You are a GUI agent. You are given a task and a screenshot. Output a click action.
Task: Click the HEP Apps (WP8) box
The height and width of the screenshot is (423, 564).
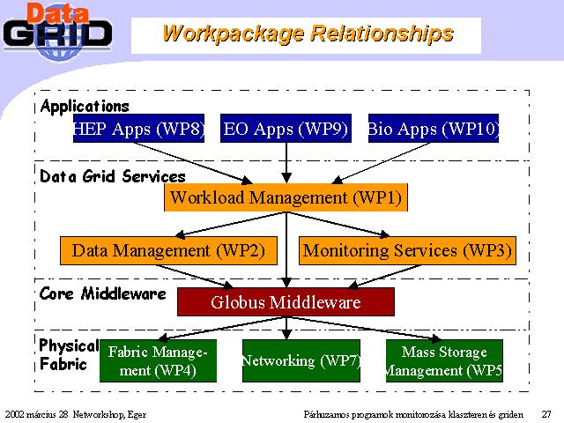tap(138, 129)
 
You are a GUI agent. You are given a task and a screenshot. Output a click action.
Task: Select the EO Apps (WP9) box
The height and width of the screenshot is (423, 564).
tap(286, 129)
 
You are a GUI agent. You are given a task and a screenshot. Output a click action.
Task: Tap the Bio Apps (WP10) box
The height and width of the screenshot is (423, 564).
tap(434, 129)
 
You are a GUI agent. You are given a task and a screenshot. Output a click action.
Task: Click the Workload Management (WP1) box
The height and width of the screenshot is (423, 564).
tap(286, 197)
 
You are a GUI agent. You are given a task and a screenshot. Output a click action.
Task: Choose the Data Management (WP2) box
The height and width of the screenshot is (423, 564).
tap(168, 250)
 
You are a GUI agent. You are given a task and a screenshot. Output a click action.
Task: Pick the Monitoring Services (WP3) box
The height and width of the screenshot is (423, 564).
tap(407, 250)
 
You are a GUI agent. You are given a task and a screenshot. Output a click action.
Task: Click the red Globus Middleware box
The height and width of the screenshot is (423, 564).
tap(286, 301)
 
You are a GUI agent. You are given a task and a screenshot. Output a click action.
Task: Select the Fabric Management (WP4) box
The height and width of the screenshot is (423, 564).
tap(159, 360)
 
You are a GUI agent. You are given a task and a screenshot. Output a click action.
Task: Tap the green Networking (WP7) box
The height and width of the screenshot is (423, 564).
tap(301, 360)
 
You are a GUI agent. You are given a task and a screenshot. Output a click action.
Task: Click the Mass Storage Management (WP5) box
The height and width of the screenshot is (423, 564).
tap(444, 360)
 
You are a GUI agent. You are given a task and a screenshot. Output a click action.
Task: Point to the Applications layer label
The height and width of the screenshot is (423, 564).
tap(85, 107)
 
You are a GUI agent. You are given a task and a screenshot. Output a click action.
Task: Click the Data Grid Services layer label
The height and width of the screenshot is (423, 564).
tap(113, 176)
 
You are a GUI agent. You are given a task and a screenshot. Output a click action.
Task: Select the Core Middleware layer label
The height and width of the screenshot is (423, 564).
tap(103, 293)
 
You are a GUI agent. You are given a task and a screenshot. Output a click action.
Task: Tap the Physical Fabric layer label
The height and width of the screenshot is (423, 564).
tap(69, 354)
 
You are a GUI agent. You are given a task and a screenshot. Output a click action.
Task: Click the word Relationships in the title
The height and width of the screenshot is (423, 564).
tap(382, 33)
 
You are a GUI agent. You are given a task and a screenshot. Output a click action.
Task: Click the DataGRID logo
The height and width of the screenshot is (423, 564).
tap(57, 33)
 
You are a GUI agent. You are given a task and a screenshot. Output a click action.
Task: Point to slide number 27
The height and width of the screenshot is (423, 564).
tap(546, 414)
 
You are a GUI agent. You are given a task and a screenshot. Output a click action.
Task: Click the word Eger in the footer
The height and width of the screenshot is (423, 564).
tap(137, 415)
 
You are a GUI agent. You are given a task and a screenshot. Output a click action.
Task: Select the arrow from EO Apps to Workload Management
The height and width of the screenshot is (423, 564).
tap(286, 163)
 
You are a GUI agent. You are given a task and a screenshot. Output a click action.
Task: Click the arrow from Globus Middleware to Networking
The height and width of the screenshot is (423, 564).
tap(286, 328)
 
